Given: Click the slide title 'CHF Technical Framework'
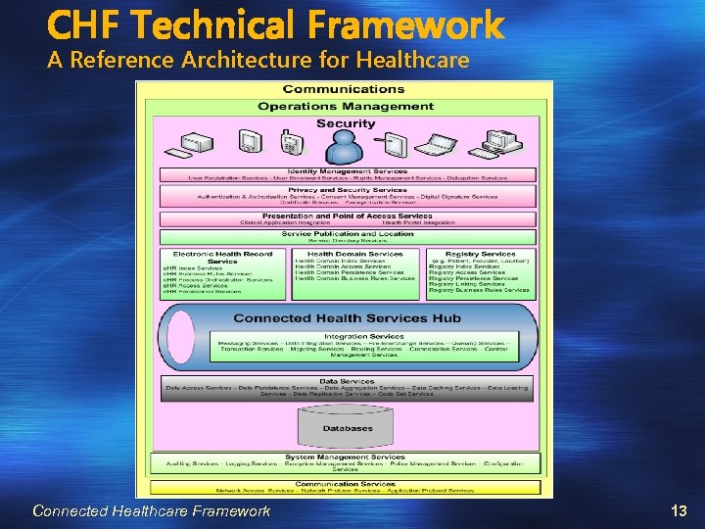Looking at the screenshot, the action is tap(275, 24).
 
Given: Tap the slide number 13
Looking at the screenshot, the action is tap(679, 510).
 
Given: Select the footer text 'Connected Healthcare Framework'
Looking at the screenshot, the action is tap(151, 510).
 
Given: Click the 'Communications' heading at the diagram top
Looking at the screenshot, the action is tap(345, 90).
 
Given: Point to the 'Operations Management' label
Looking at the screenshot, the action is tap(345, 106).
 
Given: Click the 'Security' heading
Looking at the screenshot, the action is tap(345, 123).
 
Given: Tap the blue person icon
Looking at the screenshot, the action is tap(345, 147).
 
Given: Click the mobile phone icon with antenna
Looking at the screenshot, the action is tap(291, 143).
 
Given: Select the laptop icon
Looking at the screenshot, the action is tap(438, 147).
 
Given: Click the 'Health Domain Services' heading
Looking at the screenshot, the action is tap(354, 254).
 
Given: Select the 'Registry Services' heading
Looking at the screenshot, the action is tap(480, 254).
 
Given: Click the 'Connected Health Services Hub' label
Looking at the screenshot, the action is tap(347, 318).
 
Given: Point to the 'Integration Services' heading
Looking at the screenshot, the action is tap(350, 335).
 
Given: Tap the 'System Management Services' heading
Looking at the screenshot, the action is tap(345, 457).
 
